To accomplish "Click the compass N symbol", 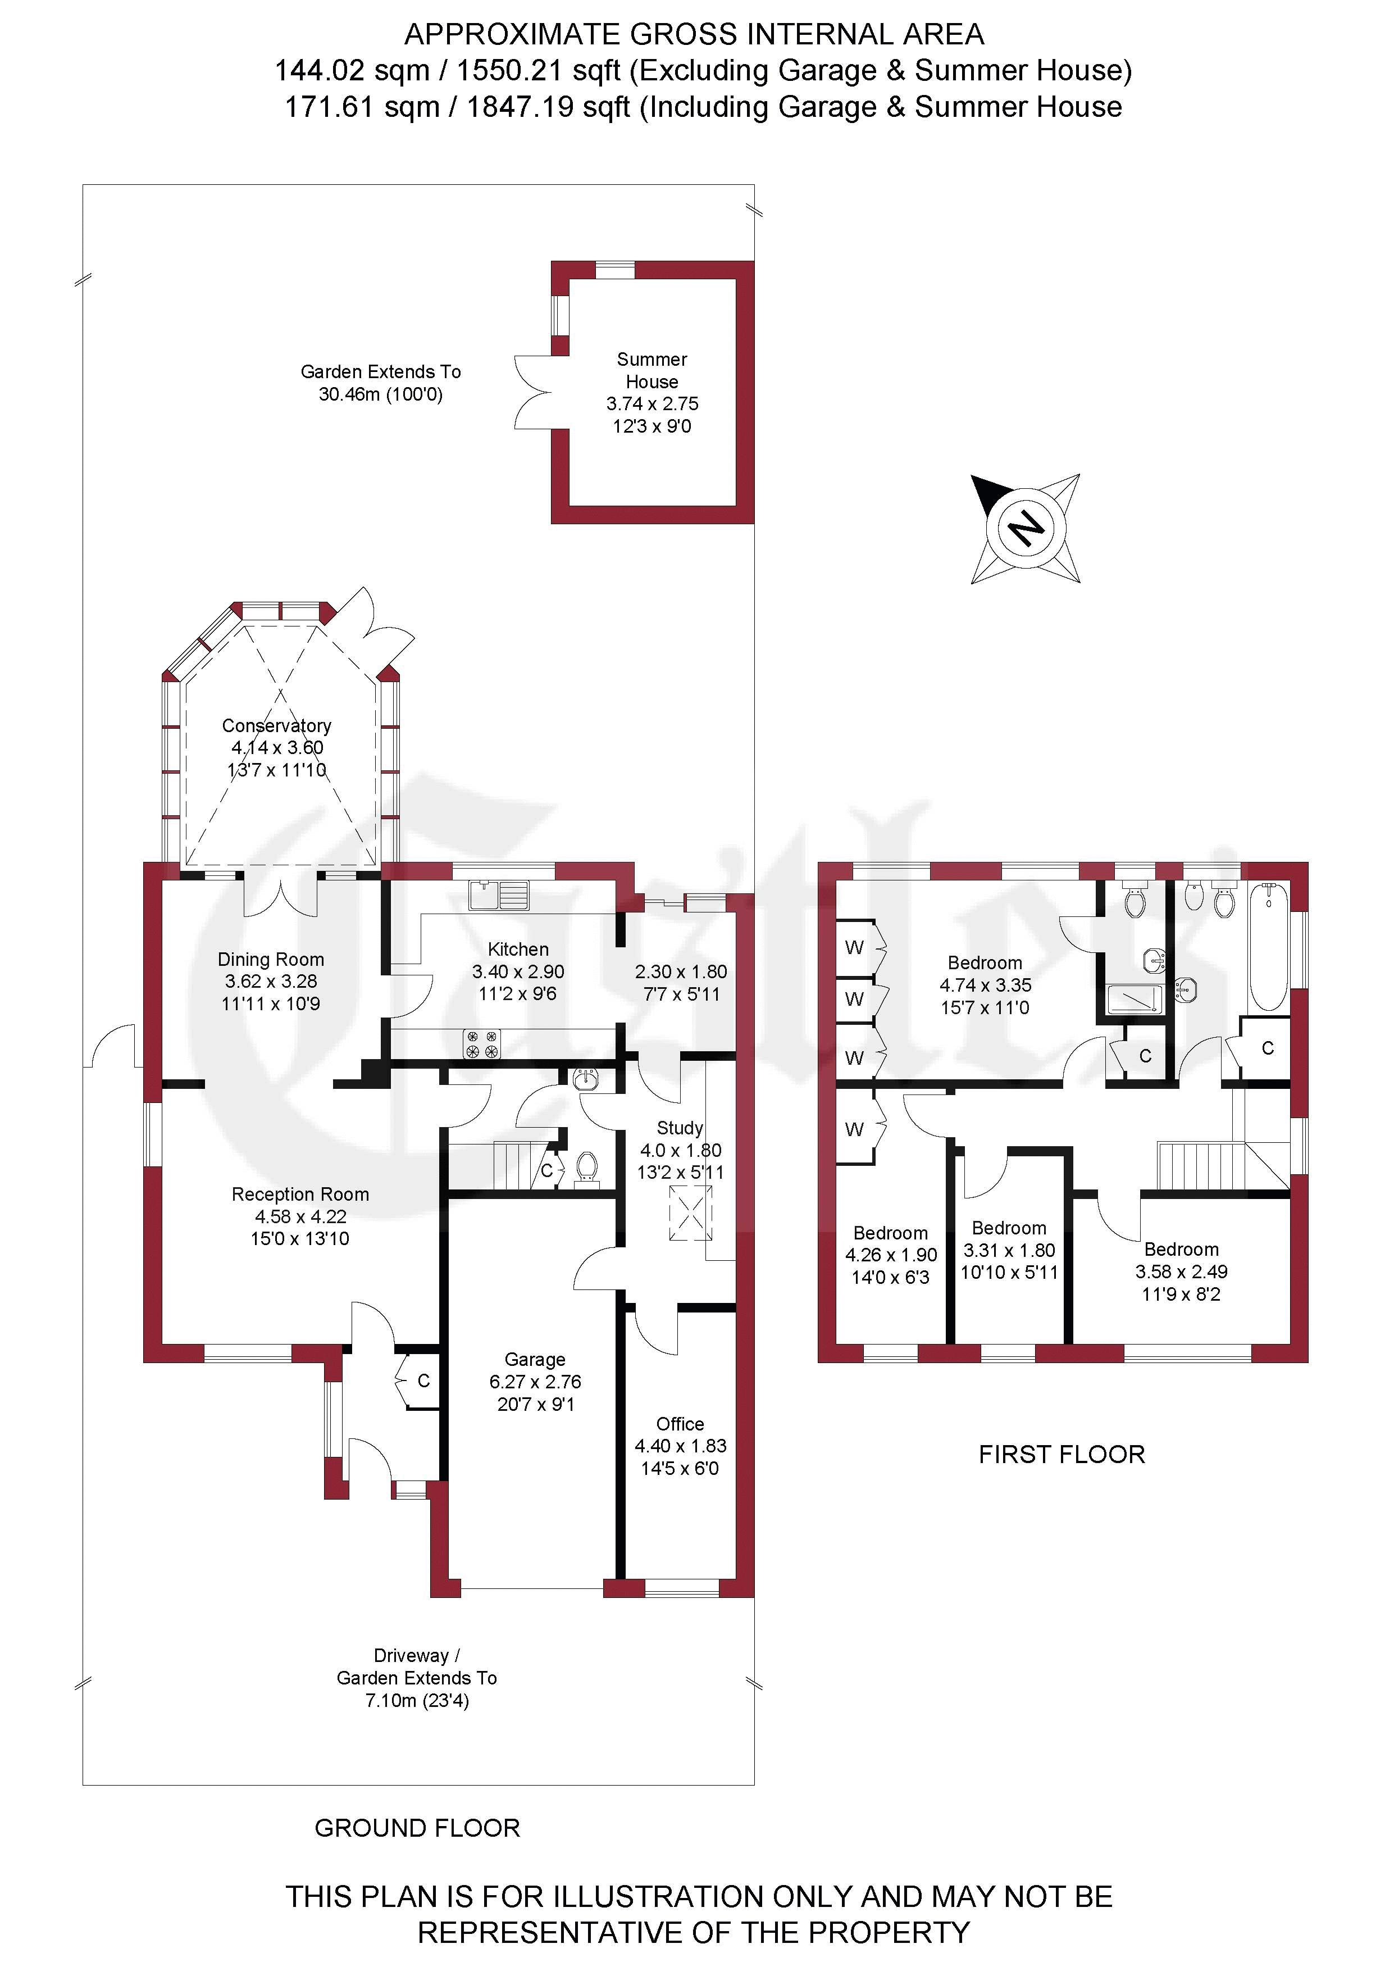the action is (x=1025, y=528).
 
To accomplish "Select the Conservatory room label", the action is (x=276, y=725).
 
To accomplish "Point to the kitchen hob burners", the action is (x=481, y=1043).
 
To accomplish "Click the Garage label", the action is (x=535, y=1359).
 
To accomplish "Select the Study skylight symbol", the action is (x=691, y=1213).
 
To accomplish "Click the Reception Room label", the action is (x=300, y=1194).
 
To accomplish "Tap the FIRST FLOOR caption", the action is (x=1062, y=1454).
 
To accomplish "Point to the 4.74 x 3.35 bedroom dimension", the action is (x=986, y=985).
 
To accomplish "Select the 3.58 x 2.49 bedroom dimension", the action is (x=1181, y=1271).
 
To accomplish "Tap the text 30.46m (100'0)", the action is (x=380, y=395).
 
